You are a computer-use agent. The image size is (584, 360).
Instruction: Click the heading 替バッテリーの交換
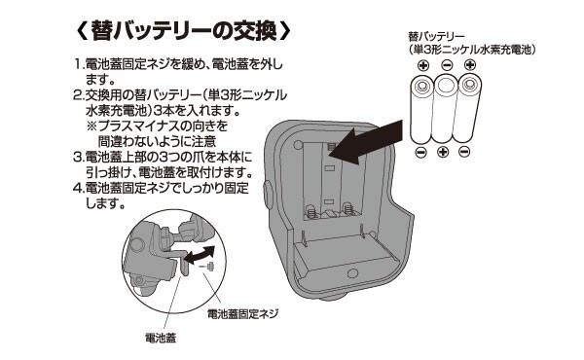point(183,31)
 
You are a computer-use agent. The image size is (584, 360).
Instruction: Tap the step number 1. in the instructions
point(79,64)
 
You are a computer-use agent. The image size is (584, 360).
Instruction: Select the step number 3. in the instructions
point(79,157)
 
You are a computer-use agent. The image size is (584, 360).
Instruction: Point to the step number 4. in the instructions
point(79,188)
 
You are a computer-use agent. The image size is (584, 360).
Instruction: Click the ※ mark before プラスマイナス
point(91,126)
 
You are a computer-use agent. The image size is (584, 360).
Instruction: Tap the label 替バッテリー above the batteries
point(436,36)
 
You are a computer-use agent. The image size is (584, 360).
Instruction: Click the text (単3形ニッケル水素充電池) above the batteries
point(471,50)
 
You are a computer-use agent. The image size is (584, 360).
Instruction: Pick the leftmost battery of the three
point(422,109)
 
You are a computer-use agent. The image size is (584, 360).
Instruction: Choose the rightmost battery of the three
point(469,108)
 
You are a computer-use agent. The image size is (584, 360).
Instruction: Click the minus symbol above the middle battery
point(447,65)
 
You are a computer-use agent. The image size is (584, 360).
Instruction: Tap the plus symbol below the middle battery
point(443,152)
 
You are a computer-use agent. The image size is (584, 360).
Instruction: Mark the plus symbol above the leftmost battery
point(423,66)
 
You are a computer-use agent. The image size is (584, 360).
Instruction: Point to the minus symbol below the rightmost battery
point(464,152)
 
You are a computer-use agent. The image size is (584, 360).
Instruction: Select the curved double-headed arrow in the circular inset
point(201,255)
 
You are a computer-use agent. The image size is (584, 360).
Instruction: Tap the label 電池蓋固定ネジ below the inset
point(242,314)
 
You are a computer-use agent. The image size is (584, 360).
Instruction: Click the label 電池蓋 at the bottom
point(161,338)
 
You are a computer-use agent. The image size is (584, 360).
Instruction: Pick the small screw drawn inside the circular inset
point(209,267)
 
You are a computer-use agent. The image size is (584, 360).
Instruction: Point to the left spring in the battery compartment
point(311,211)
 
